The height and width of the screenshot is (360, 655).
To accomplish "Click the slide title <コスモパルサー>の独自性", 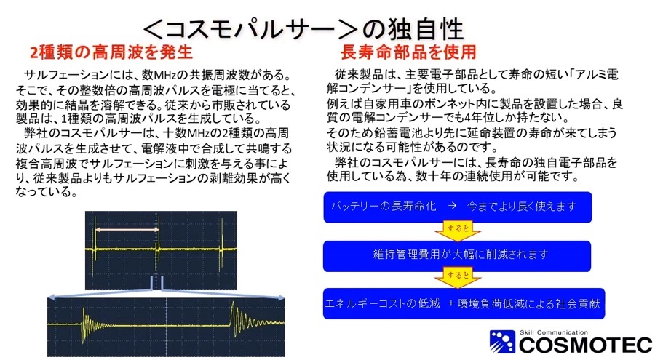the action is (x=303, y=29).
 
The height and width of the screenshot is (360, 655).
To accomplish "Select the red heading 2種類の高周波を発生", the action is (x=111, y=52).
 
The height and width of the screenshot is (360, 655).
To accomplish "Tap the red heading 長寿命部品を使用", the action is (x=408, y=52).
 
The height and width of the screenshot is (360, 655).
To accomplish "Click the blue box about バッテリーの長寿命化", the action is (x=458, y=207).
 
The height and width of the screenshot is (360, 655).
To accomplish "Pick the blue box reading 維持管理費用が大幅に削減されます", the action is (x=457, y=255).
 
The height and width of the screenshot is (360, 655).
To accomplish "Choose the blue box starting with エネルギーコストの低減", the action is (x=464, y=303).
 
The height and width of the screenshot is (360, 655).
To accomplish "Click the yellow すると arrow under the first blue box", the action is (x=458, y=231).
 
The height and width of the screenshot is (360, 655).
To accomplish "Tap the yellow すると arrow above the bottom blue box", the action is (x=458, y=279).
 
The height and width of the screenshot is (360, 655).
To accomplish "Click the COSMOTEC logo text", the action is (x=585, y=345).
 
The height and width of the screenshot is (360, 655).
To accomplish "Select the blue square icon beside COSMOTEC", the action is (x=502, y=342).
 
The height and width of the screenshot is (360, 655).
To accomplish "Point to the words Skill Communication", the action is (x=554, y=332).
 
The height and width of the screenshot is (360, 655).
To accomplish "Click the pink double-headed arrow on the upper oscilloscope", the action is (x=127, y=229).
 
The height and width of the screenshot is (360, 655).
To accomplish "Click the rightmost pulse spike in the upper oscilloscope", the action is (x=221, y=249).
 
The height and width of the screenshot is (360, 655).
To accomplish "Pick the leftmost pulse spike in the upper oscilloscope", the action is (x=95, y=249).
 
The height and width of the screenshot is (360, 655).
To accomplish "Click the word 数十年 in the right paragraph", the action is (x=432, y=176).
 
